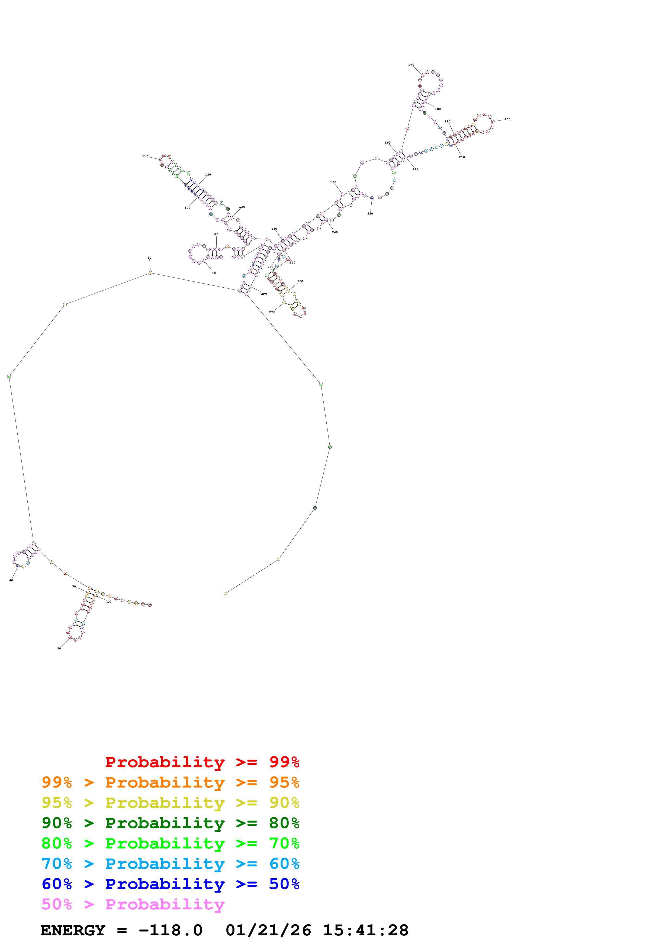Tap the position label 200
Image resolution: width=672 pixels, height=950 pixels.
click(507, 119)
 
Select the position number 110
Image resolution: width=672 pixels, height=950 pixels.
click(145, 157)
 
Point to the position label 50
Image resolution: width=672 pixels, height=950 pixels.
click(149, 258)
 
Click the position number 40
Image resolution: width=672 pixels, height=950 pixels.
click(11, 580)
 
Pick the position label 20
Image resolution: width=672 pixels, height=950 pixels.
click(59, 648)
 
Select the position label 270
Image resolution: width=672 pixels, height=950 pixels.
click(272, 312)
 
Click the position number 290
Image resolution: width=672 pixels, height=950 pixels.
click(264, 294)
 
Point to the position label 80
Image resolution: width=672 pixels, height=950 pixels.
click(216, 235)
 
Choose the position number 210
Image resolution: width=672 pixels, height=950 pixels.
click(462, 157)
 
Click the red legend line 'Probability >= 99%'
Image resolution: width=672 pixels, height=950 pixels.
click(202, 762)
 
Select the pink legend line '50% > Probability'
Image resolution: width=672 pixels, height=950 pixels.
click(133, 905)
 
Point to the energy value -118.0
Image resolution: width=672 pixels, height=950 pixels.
click(170, 931)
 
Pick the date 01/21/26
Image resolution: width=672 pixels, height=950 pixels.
click(268, 931)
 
